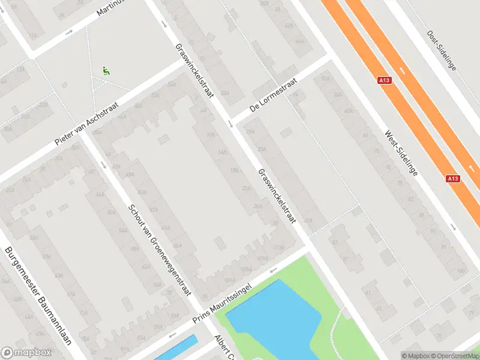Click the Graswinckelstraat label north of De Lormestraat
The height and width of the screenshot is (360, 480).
[x=195, y=73]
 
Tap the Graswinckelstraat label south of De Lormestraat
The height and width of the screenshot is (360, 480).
[x=277, y=196]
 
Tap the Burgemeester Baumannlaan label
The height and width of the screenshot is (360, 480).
[x=37, y=298]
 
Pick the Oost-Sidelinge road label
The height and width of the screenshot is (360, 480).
[x=442, y=50]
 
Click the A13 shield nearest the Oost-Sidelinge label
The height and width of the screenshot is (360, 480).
[x=385, y=80]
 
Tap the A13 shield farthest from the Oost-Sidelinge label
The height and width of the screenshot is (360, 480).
[x=454, y=178]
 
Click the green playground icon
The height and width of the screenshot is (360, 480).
[x=107, y=70]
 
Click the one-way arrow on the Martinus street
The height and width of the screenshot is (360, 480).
[x=70, y=32]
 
